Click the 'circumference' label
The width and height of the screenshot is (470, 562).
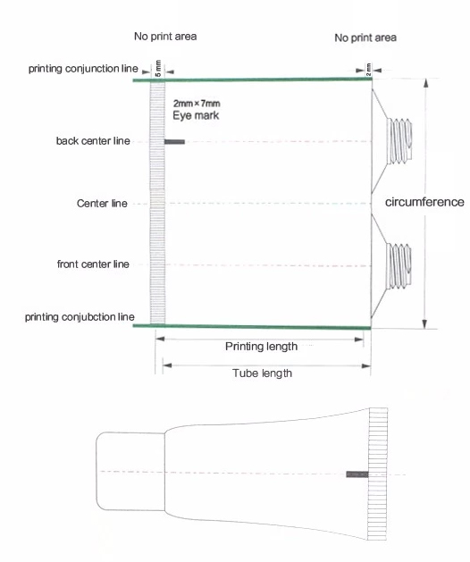[424, 202]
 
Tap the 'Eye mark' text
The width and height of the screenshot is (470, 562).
[196, 115]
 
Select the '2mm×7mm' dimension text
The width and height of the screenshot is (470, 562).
[197, 104]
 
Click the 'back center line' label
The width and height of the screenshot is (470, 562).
[93, 141]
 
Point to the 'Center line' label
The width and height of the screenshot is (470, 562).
[102, 203]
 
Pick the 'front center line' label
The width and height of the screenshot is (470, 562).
[93, 264]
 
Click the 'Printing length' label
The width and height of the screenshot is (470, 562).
[261, 347]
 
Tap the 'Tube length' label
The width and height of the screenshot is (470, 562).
[262, 373]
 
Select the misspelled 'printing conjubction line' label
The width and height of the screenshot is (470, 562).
[80, 317]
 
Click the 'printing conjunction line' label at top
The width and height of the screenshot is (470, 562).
[83, 69]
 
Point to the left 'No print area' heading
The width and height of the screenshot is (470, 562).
[165, 37]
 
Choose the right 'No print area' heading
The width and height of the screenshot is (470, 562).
[365, 38]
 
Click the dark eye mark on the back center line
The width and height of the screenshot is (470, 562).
[174, 142]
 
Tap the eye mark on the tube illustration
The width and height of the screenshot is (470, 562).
[357, 474]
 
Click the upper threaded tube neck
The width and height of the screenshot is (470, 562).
[399, 141]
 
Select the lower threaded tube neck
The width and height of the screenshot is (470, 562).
[399, 265]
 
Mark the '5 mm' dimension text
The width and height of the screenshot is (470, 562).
[158, 68]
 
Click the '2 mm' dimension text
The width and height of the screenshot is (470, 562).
[368, 69]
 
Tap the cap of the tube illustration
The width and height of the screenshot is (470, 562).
[130, 471]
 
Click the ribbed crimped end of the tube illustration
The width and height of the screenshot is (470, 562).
[377, 474]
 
